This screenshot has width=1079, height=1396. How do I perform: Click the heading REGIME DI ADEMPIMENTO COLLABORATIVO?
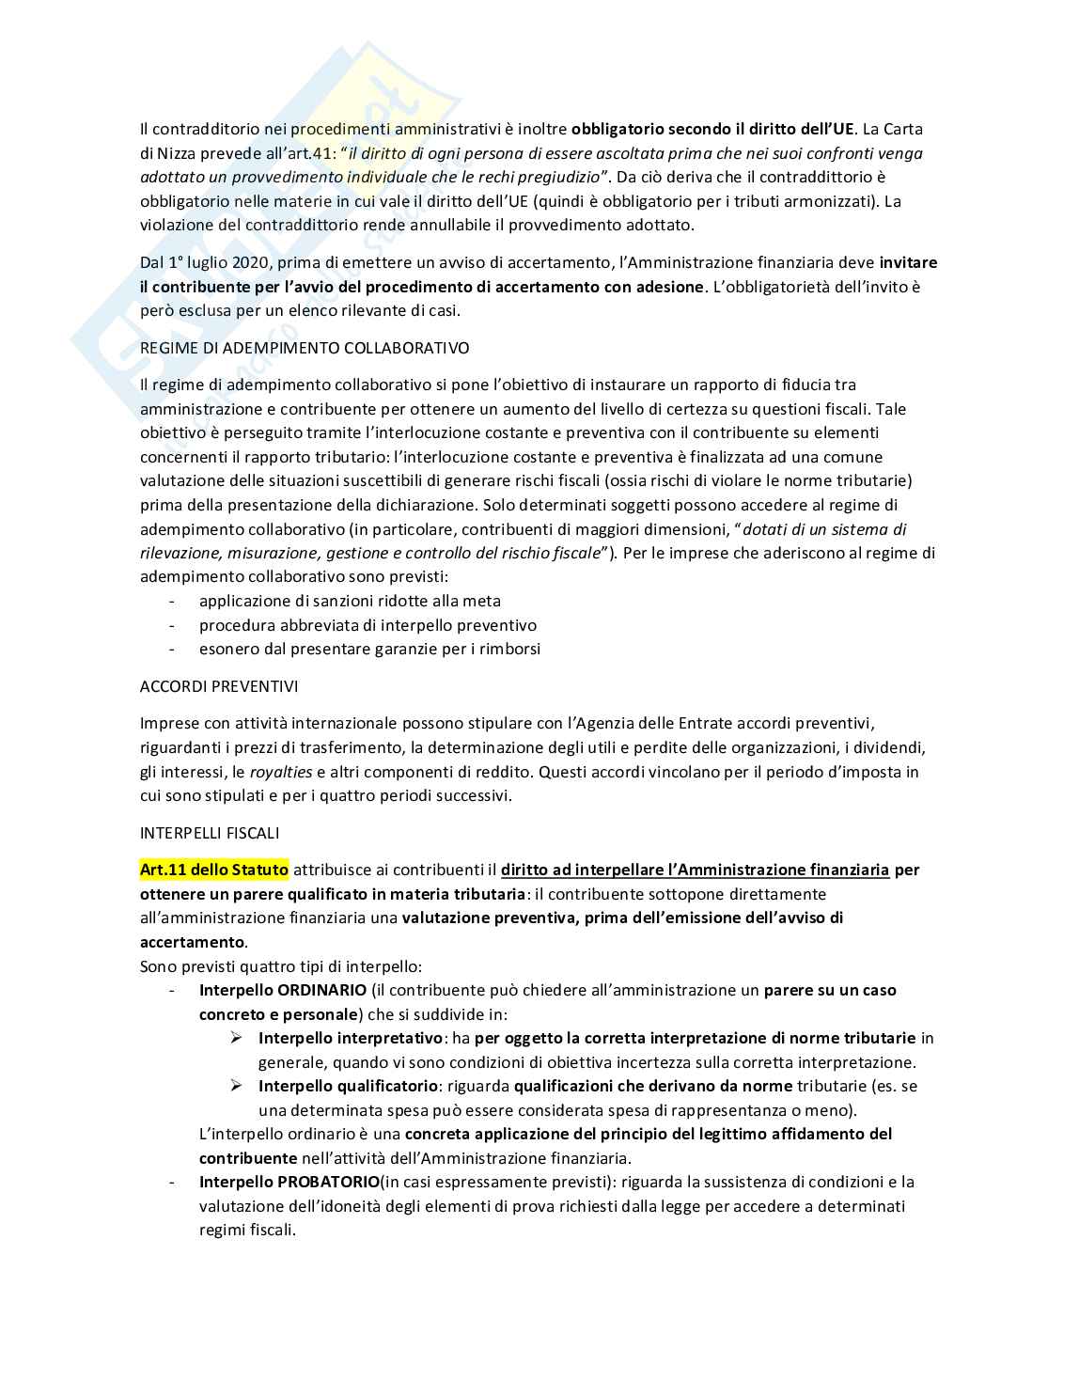(x=304, y=348)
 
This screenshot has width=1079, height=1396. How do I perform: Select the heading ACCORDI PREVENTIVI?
(x=219, y=686)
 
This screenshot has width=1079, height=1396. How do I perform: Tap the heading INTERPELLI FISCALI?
(x=210, y=833)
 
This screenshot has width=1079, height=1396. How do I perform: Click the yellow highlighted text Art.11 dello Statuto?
(x=214, y=870)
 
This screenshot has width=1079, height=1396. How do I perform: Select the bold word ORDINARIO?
(x=322, y=990)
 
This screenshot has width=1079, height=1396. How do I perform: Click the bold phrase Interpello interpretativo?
(x=351, y=1038)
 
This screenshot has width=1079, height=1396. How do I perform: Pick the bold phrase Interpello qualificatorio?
(x=349, y=1086)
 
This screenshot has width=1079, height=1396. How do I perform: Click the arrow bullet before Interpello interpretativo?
(x=236, y=1038)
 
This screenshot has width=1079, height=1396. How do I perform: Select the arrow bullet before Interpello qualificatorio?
(x=236, y=1086)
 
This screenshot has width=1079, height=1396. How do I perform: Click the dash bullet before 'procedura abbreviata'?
(x=171, y=625)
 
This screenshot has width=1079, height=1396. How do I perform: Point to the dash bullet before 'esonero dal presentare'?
(x=171, y=649)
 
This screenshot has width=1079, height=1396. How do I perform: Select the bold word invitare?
(x=908, y=262)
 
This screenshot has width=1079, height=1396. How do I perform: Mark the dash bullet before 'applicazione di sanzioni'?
(x=171, y=601)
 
